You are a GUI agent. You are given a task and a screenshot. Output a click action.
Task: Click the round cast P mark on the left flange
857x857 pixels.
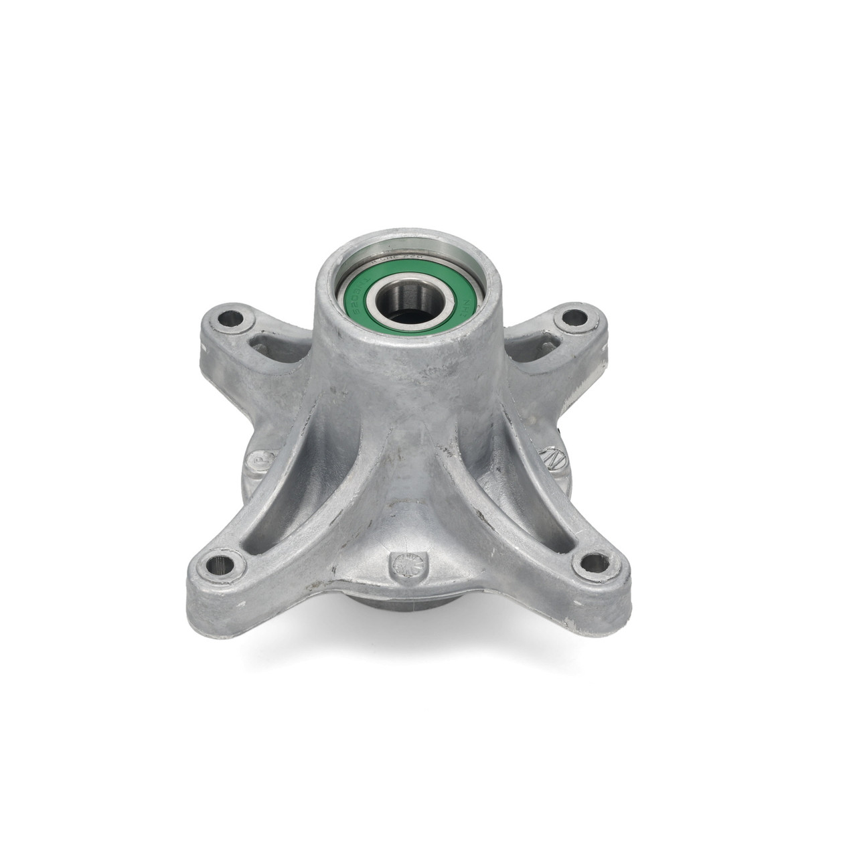(x=255, y=461)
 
